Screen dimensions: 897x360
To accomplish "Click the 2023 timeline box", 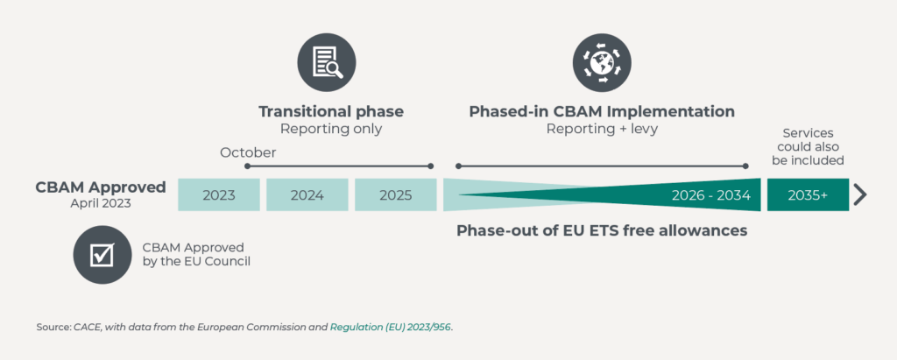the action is [218, 194].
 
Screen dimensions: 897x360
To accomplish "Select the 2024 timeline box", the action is [307, 194].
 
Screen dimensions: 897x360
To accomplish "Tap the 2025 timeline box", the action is [395, 194].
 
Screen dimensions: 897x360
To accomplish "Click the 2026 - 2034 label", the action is [711, 195].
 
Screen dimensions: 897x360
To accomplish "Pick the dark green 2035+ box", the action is [808, 194].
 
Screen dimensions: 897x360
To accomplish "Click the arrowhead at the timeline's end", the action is [860, 195].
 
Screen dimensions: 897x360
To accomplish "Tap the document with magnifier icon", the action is [327, 62].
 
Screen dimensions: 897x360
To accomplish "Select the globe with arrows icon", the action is [602, 62].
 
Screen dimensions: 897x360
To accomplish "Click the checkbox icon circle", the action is [102, 255].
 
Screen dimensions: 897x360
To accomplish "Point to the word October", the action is [248, 152].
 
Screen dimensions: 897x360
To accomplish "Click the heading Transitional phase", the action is [331, 111].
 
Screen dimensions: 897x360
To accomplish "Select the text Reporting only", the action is [331, 129].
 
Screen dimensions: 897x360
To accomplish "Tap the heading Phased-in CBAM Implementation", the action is [602, 111].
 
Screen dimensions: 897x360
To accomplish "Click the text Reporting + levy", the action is [602, 129].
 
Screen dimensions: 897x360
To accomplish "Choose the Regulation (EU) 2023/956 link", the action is [391, 328].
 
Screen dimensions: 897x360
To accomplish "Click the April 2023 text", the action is [101, 202].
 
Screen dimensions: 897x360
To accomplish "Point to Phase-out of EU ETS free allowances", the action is [602, 230].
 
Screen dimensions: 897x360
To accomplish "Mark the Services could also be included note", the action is [808, 146].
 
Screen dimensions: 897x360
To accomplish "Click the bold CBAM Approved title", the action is [101, 187].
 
